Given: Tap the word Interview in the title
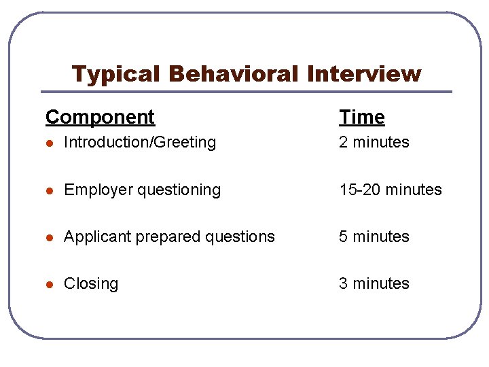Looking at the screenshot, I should [x=364, y=73].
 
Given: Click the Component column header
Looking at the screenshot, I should [x=100, y=117].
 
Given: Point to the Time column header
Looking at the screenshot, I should [x=362, y=117].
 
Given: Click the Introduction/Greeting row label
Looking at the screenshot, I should [x=140, y=143].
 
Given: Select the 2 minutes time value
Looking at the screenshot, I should [x=374, y=143].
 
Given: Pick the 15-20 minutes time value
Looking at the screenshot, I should [x=391, y=190].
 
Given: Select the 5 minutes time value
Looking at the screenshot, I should [x=374, y=237].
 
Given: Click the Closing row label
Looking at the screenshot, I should [x=91, y=284].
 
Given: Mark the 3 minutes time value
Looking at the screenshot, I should [x=374, y=283].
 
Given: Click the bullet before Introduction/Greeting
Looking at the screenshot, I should [x=49, y=143].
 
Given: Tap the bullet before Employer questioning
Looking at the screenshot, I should [x=49, y=190].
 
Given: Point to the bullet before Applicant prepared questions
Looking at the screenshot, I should [x=49, y=237].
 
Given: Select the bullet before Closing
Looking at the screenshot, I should [x=49, y=284].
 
